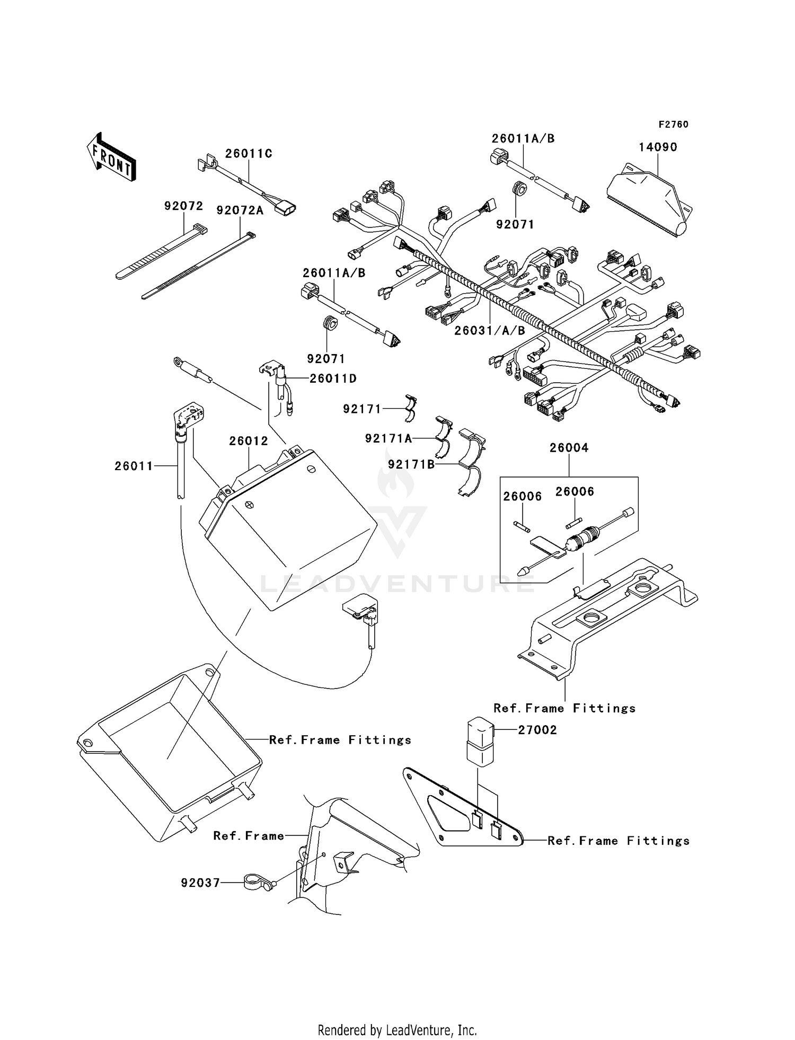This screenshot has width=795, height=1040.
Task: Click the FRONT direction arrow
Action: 110,157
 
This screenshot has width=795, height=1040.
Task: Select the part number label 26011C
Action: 249,154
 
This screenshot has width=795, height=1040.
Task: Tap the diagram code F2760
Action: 673,125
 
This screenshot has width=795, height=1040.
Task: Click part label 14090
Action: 658,147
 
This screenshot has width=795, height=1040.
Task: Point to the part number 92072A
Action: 240,210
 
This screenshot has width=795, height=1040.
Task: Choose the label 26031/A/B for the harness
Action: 490,331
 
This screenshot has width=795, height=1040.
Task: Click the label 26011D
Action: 333,378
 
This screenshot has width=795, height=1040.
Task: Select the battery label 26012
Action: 249,441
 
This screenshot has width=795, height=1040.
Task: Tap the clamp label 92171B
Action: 411,464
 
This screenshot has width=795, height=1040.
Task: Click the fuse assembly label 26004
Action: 569,448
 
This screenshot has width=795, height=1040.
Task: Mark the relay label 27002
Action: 537,730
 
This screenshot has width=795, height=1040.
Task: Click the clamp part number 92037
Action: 200,883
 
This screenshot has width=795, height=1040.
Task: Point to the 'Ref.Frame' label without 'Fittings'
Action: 249,836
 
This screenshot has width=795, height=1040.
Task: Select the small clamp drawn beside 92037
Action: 257,883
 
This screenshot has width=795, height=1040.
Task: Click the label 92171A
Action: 388,438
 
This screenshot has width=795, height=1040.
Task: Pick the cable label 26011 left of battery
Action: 134,466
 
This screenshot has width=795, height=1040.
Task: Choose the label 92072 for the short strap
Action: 183,206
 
